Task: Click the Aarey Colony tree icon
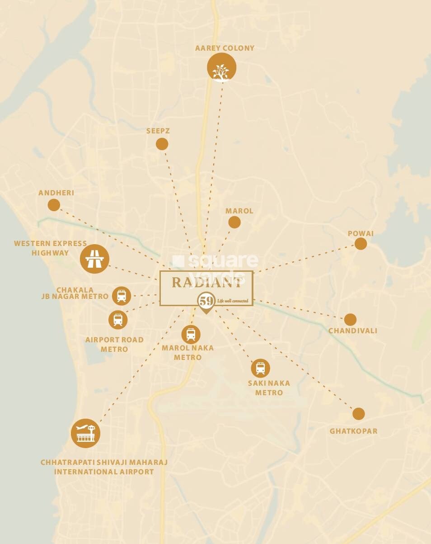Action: pyautogui.click(x=221, y=67)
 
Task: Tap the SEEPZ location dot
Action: pyautogui.click(x=162, y=144)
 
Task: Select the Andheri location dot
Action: pyautogui.click(x=54, y=205)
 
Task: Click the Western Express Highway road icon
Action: pyautogui.click(x=94, y=259)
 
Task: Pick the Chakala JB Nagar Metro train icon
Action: pyautogui.click(x=122, y=296)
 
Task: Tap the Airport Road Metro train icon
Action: pyautogui.click(x=118, y=320)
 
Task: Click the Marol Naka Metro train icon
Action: pyautogui.click(x=191, y=334)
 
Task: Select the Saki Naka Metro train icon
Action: pyautogui.click(x=261, y=368)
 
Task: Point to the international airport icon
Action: pyautogui.click(x=86, y=433)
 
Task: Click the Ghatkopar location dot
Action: pyautogui.click(x=358, y=413)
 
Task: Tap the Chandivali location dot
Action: pyautogui.click(x=350, y=319)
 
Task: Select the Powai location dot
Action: pyautogui.click(x=361, y=244)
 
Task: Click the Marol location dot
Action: pyautogui.click(x=234, y=222)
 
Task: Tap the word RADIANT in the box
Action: pyautogui.click(x=206, y=283)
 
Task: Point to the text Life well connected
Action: pyautogui.click(x=233, y=300)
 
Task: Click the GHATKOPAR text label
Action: pyautogui.click(x=353, y=431)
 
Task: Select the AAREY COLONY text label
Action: pyautogui.click(x=225, y=48)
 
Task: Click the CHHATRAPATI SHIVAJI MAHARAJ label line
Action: pyautogui.click(x=104, y=462)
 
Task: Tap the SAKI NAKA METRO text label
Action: pyautogui.click(x=269, y=388)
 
